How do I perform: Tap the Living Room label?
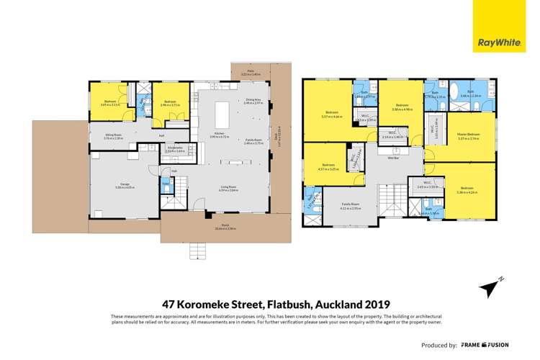click(230, 188)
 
